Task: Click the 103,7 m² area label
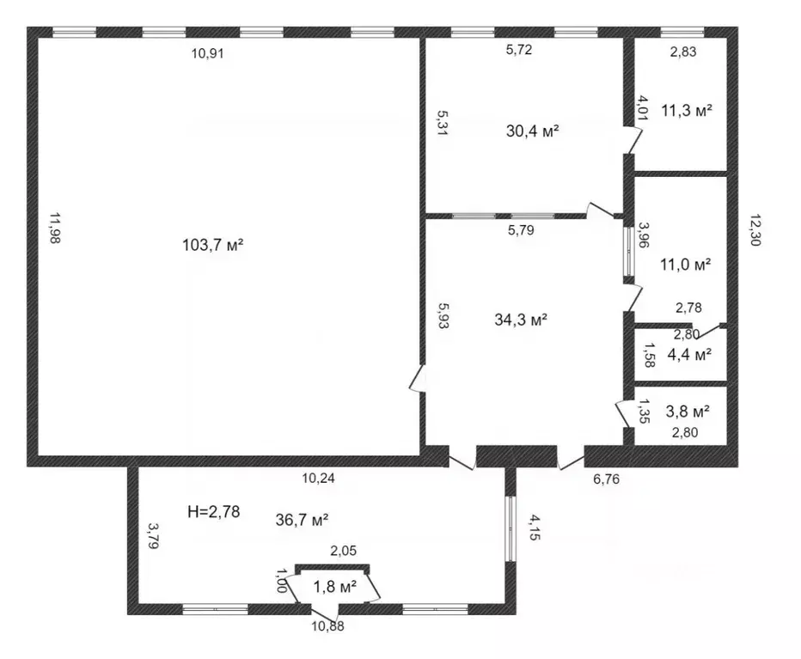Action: point(213,245)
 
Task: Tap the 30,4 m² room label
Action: point(533,131)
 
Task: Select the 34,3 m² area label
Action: point(521,320)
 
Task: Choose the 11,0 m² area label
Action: point(685,265)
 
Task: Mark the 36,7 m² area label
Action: point(302,519)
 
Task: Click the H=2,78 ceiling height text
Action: point(213,512)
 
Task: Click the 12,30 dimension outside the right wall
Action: point(755,229)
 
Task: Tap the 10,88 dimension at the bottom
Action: point(327,626)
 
